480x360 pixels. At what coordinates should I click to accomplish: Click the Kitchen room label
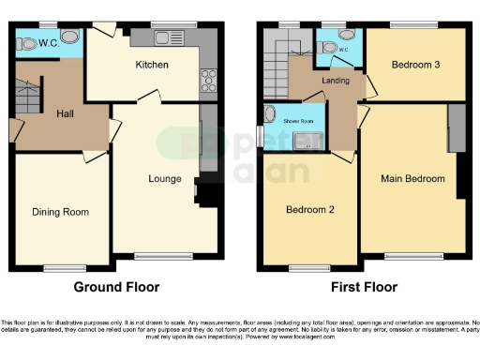pos(152,65)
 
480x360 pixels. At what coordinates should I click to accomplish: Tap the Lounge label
pos(165,177)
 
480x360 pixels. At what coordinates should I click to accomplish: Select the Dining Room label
pos(61,212)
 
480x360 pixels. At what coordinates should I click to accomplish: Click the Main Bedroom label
pos(412,177)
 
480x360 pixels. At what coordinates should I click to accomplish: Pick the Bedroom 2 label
pos(310,210)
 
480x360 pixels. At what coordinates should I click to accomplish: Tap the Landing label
pos(335,81)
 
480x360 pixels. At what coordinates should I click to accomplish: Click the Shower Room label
pos(301,121)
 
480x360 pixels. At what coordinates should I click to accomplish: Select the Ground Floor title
pos(116,287)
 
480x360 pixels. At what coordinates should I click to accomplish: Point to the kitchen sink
pos(164,38)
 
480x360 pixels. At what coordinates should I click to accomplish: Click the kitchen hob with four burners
pos(207,81)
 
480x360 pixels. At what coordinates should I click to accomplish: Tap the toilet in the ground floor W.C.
pos(25,42)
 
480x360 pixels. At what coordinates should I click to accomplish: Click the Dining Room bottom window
pos(61,268)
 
